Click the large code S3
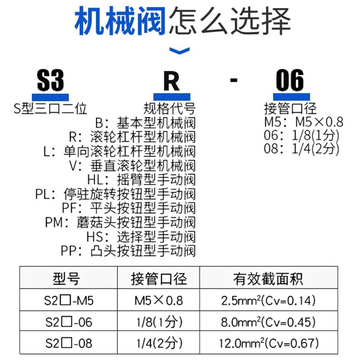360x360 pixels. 50,81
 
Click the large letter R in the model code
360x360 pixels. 171,81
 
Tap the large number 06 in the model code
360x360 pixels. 290,81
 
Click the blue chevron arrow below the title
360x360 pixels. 179,51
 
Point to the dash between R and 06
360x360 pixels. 233,81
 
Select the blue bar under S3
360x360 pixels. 50,96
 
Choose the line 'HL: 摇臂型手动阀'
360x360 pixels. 141,180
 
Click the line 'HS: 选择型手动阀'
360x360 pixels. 141,237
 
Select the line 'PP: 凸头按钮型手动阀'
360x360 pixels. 128,251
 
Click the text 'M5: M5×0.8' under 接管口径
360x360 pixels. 303,122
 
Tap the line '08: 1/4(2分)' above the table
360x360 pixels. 301,149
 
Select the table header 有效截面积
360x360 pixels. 268,279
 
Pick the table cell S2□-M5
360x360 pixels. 69,300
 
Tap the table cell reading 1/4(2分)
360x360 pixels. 158,344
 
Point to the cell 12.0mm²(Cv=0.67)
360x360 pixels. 269,344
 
